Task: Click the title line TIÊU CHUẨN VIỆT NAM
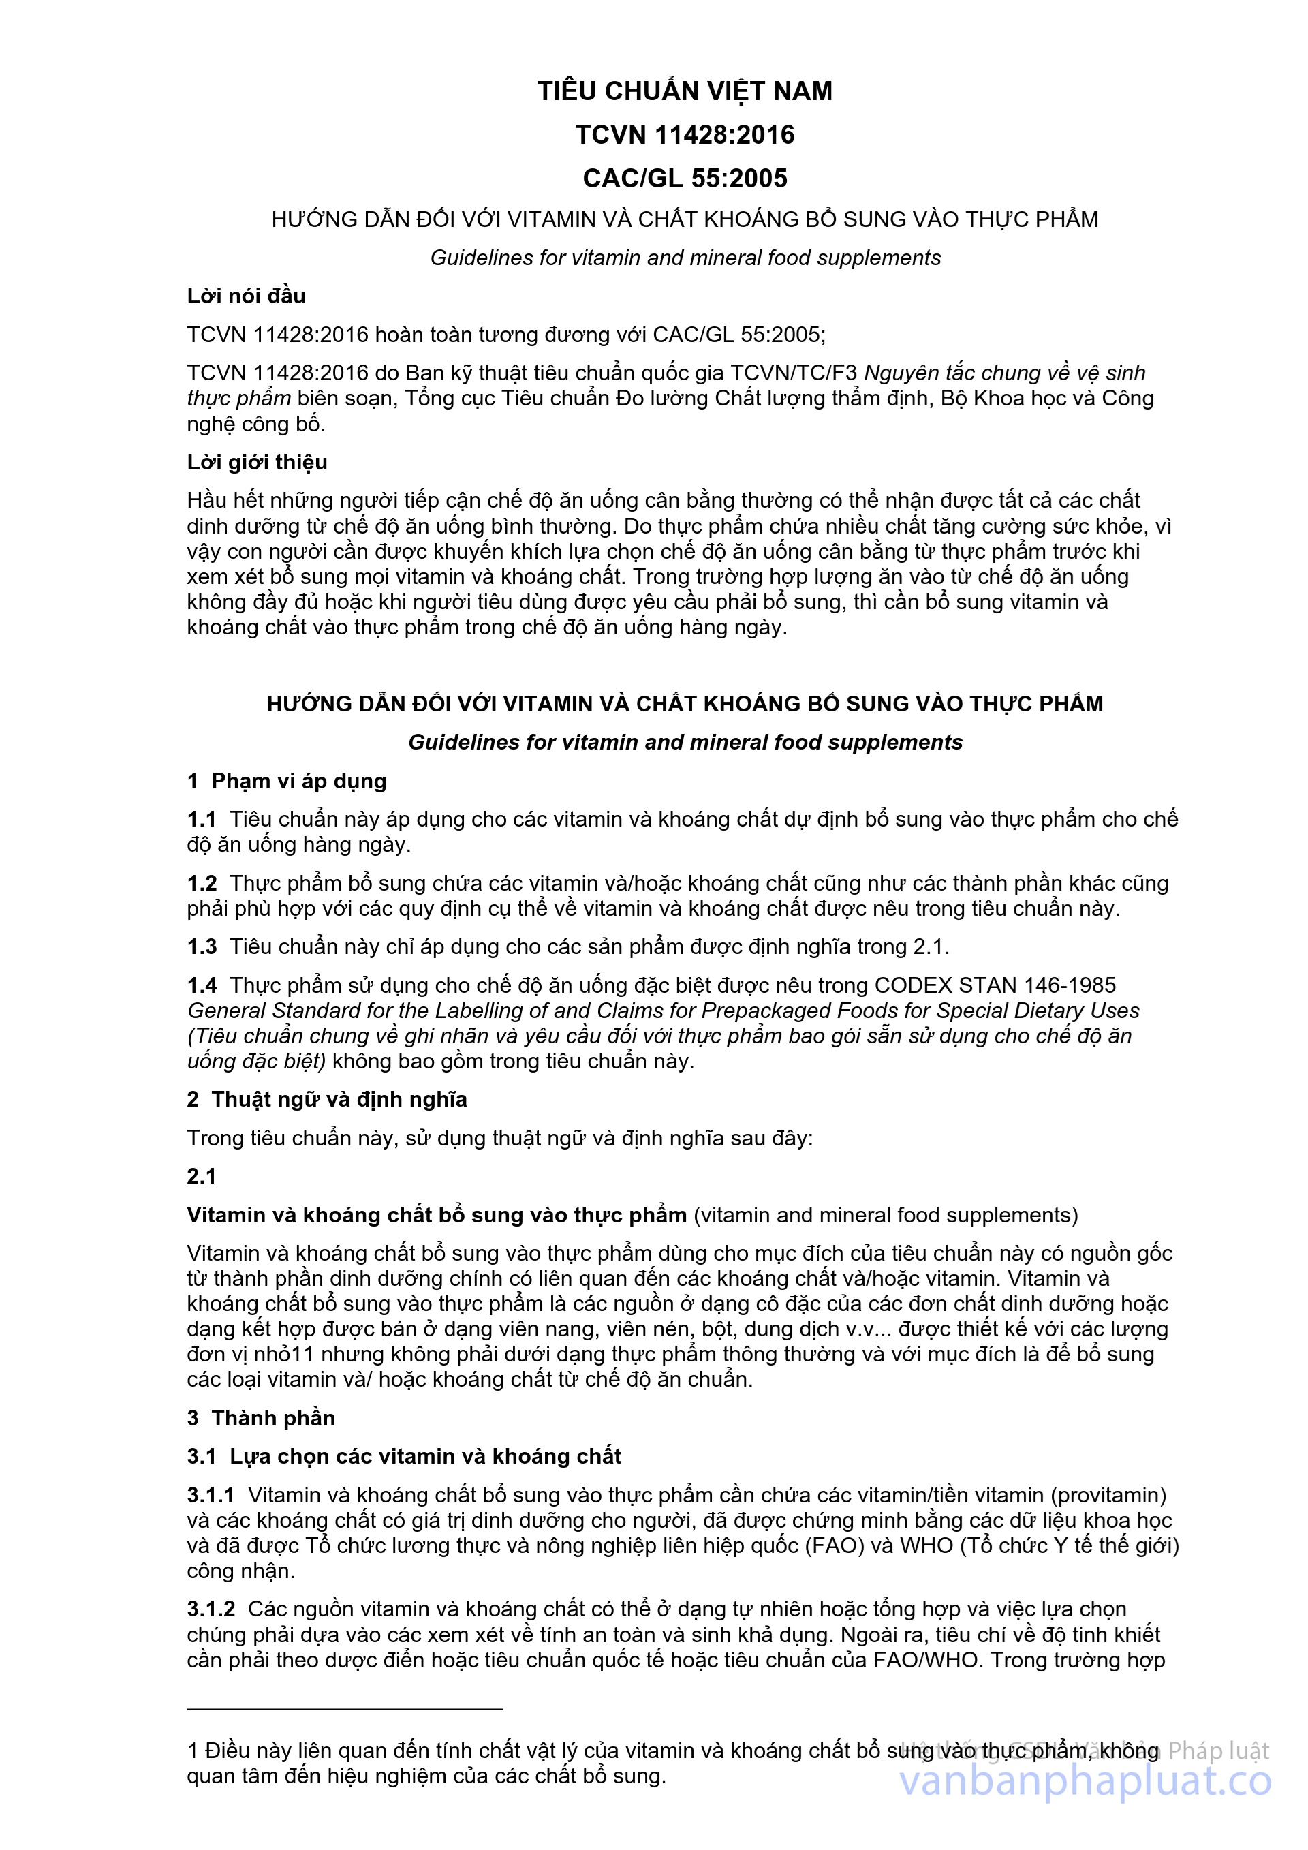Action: click(x=685, y=91)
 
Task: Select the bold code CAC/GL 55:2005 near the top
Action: click(x=685, y=178)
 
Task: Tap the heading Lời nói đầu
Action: click(x=246, y=296)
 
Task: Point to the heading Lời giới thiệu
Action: click(x=257, y=462)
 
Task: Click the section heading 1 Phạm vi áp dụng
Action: click(x=287, y=781)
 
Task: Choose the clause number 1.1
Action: click(x=202, y=820)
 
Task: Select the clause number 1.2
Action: click(x=202, y=883)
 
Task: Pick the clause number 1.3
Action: click(x=202, y=946)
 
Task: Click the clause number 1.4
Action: click(x=202, y=985)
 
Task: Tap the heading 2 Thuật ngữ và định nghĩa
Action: click(x=326, y=1099)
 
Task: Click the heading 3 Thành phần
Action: click(x=261, y=1418)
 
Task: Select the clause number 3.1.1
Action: click(x=211, y=1496)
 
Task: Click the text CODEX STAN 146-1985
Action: click(x=995, y=985)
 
